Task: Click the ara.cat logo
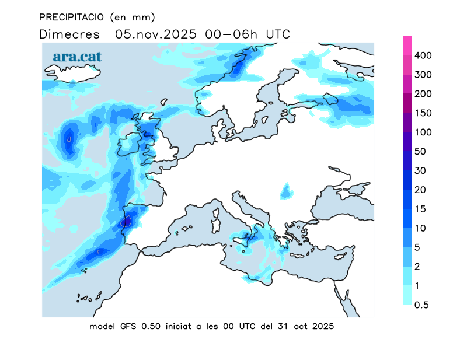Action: pyautogui.click(x=78, y=57)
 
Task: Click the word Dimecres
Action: pyautogui.click(x=69, y=34)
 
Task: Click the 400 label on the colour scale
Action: pyautogui.click(x=423, y=55)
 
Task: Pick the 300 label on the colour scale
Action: pyautogui.click(x=423, y=75)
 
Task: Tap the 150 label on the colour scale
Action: pyautogui.click(x=423, y=113)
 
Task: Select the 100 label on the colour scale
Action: pyautogui.click(x=423, y=132)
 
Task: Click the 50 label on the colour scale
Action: pyautogui.click(x=420, y=152)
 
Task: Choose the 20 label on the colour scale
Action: pyautogui.click(x=420, y=190)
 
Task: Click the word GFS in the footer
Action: pyautogui.click(x=126, y=327)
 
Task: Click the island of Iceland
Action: pyautogui.click(x=73, y=73)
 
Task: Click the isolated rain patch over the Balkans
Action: pyautogui.click(x=285, y=190)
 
